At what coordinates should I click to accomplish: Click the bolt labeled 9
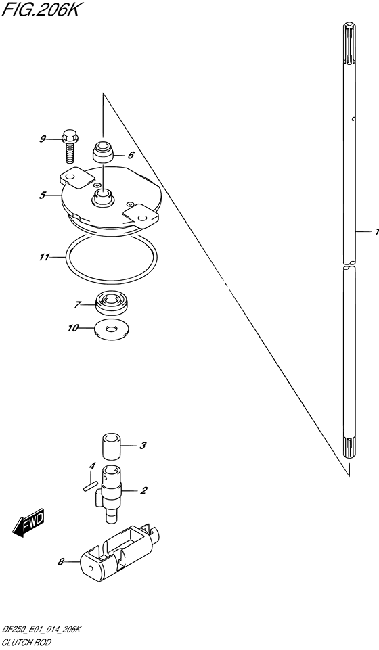[69, 146]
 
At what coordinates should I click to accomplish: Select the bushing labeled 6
[103, 152]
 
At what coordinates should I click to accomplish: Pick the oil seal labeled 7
[113, 304]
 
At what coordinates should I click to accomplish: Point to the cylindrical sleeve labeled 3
[112, 446]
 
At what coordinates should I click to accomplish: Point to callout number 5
[42, 195]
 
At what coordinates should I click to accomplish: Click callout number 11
[45, 258]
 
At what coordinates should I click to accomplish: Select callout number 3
[142, 446]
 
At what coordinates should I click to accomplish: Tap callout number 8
[60, 561]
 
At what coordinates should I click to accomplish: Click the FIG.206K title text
[40, 9]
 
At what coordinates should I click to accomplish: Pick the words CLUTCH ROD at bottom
[26, 643]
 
